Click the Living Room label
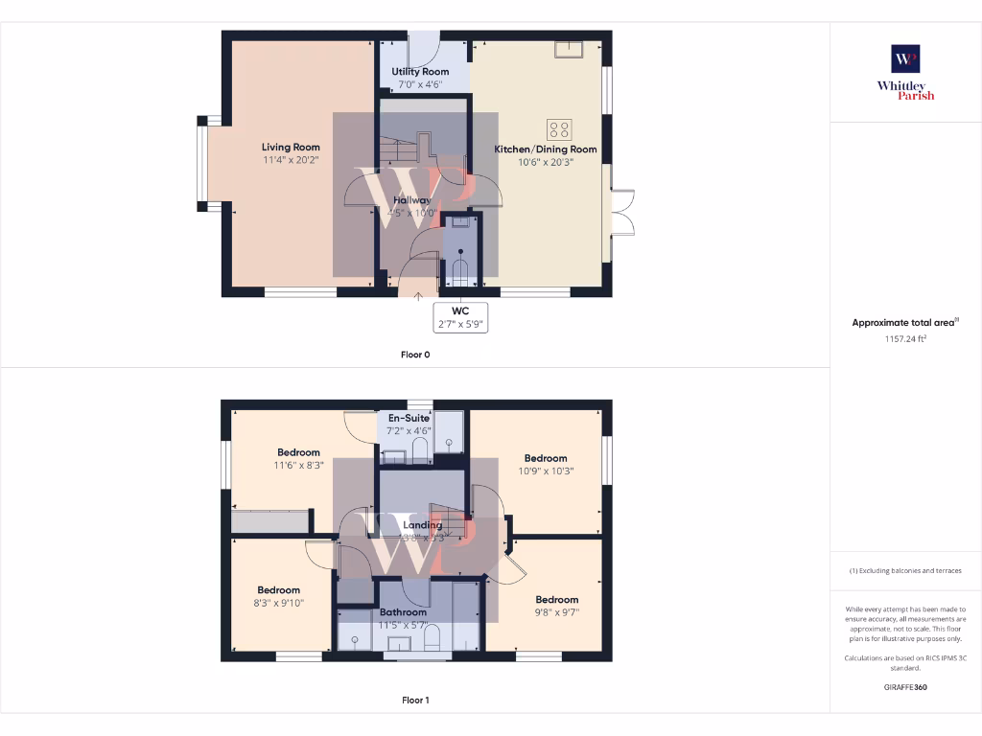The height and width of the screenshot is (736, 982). tap(291, 147)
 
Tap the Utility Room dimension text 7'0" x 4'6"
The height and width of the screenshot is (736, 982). tap(420, 84)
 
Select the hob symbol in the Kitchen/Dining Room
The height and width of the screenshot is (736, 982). tap(558, 129)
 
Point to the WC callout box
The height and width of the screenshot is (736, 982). tap(462, 317)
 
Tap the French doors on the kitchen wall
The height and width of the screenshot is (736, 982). tap(621, 212)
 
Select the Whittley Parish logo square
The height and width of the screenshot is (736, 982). tap(905, 59)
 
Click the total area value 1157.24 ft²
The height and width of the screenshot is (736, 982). tap(905, 338)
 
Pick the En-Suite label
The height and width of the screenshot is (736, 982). tap(409, 419)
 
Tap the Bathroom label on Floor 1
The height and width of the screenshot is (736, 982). tap(403, 611)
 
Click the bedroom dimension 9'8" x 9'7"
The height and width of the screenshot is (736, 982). tap(557, 612)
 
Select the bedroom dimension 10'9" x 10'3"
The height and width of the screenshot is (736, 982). tap(546, 471)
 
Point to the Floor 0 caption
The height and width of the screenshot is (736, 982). tap(415, 354)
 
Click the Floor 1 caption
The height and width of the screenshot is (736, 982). tap(415, 700)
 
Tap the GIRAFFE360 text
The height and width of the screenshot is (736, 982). tap(905, 687)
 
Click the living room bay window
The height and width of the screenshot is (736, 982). tap(202, 164)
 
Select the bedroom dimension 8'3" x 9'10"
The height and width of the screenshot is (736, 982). tap(278, 603)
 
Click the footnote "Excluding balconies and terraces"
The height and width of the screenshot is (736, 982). tap(905, 570)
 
